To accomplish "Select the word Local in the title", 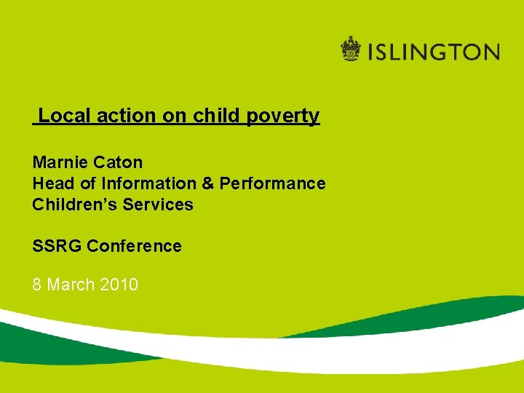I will pyautogui.click(x=61, y=116).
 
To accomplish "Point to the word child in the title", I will pyautogui.click(x=215, y=116).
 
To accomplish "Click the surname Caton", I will pyautogui.click(x=118, y=162).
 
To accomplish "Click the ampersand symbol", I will pyautogui.click(x=208, y=183).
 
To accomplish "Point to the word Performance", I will pyautogui.click(x=272, y=183).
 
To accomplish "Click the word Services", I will pyautogui.click(x=158, y=205).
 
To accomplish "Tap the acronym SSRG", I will pyautogui.click(x=57, y=246).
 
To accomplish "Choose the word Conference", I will pyautogui.click(x=134, y=246).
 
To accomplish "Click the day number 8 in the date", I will pyautogui.click(x=37, y=285).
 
